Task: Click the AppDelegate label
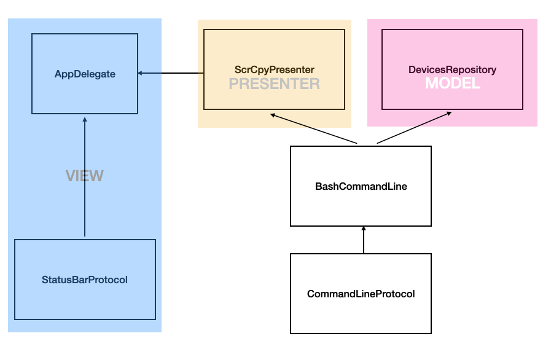pos(85,74)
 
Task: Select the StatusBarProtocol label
pos(85,280)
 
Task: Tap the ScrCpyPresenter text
pos(274,70)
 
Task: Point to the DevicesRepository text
pos(452,70)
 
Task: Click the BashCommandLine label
pos(361,186)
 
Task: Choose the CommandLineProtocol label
pos(361,294)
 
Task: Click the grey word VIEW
pos(85,176)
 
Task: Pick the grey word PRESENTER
pos(274,84)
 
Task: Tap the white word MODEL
pos(453,84)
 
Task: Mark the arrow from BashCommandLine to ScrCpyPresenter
pos(313,128)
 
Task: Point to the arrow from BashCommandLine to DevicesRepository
pos(415,128)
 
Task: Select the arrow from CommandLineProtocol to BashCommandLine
pos(364,240)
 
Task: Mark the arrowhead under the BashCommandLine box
pos(364,229)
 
